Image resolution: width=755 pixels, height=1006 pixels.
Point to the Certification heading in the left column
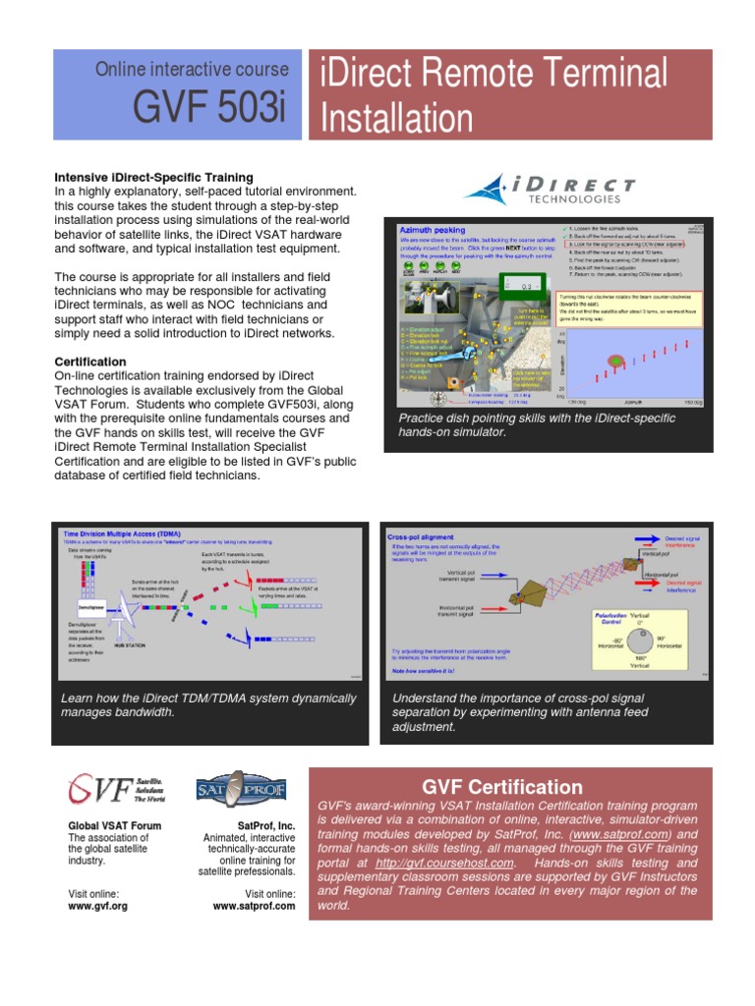pyautogui.click(x=90, y=362)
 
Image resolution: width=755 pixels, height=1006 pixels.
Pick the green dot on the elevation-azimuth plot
pyautogui.click(x=615, y=362)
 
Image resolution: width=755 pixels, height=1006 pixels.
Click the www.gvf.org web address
pyautogui.click(x=97, y=906)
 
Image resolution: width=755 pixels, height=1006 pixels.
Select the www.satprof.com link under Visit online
pyautogui.click(x=254, y=906)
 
